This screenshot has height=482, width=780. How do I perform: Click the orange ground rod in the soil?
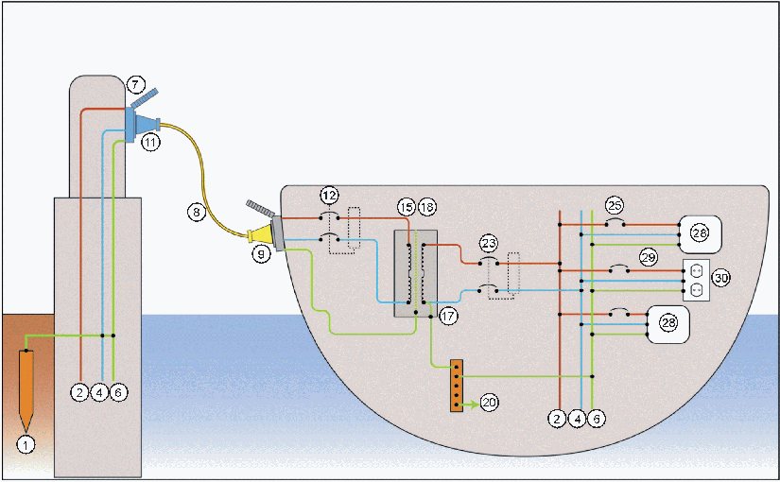coord(26,384)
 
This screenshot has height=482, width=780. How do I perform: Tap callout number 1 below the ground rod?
coord(26,441)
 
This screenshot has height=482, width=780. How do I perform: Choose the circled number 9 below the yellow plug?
coord(261,254)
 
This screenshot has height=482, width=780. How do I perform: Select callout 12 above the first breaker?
coord(329,195)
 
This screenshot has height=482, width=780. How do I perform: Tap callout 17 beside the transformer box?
coord(448,318)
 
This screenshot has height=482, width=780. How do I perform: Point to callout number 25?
coord(615,205)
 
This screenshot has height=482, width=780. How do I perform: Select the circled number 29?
coord(649,256)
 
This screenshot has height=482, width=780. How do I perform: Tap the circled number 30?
coord(721,278)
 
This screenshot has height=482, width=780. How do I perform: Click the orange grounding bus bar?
coord(457,386)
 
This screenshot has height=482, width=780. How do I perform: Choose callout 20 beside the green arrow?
coord(489,403)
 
